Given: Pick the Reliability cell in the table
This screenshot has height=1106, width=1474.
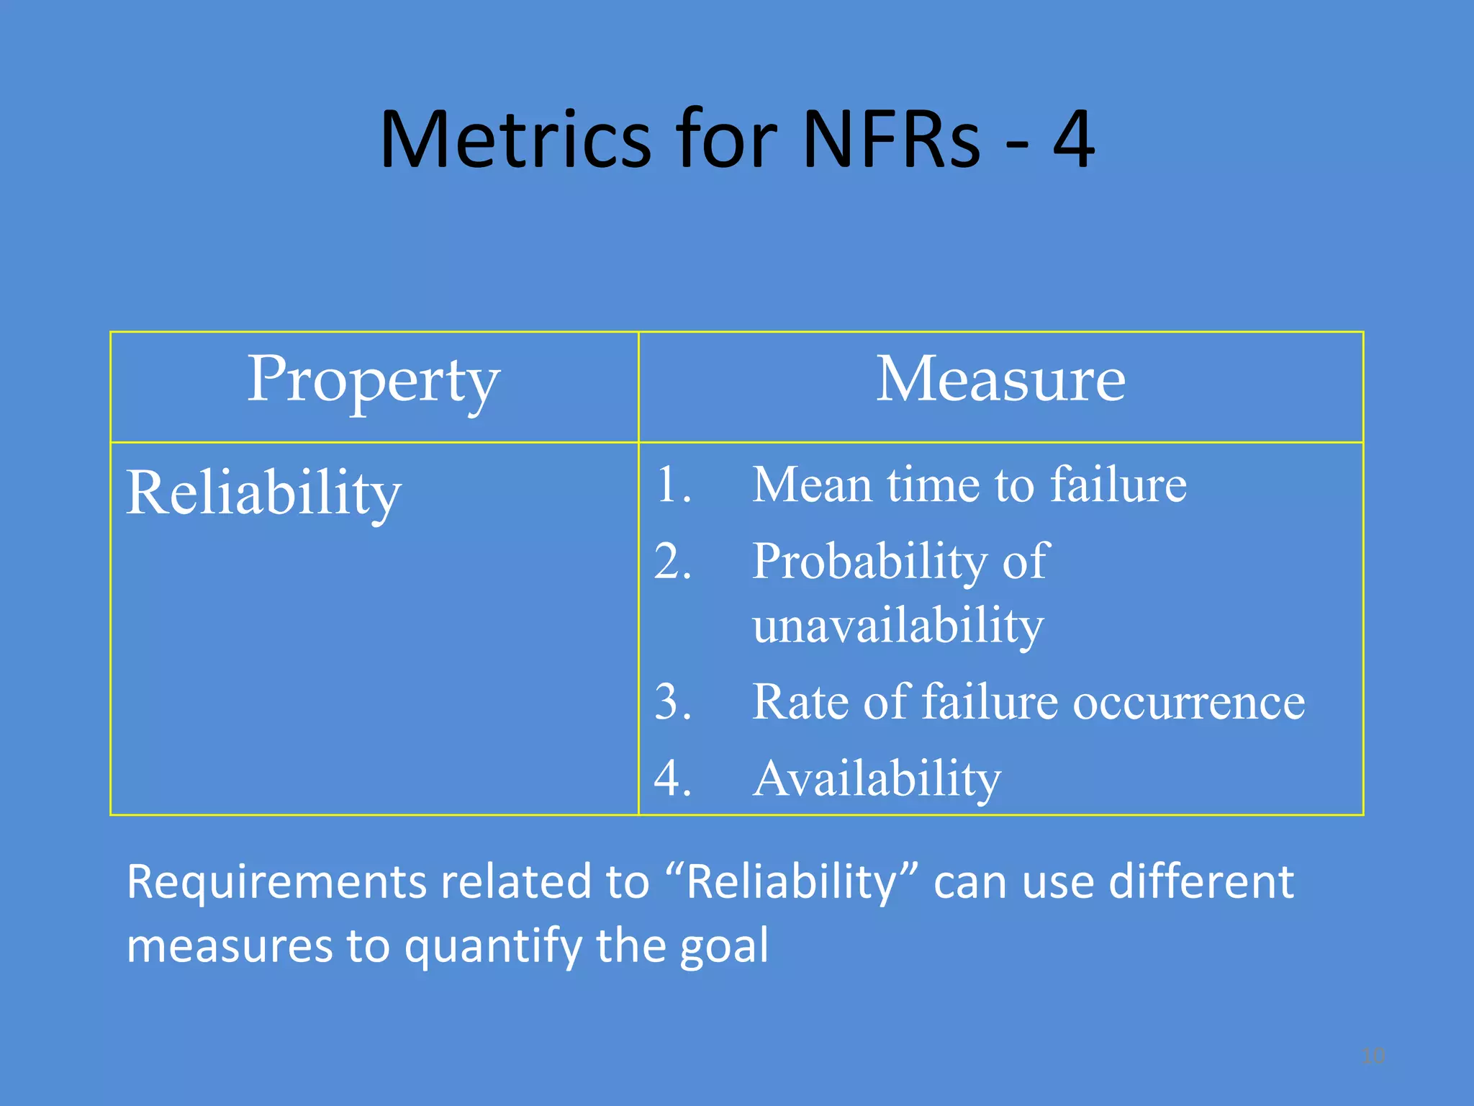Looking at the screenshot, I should tap(263, 493).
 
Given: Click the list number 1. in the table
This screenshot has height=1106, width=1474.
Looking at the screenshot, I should tap(673, 484).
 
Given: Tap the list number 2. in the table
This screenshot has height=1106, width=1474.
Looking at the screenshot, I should tap(673, 561).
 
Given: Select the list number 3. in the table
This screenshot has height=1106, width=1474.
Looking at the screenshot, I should tap(673, 701).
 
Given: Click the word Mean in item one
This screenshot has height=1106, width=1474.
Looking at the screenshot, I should tap(812, 484).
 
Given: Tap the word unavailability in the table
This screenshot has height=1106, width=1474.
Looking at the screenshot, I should tap(897, 625).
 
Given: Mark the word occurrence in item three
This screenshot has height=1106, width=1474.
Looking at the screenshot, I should tap(1189, 702).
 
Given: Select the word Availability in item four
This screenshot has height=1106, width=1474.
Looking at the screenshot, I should tap(877, 779).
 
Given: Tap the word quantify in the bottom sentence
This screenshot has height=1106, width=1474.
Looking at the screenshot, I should tap(493, 946).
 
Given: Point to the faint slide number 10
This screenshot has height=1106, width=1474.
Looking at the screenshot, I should tap(1373, 1056).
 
